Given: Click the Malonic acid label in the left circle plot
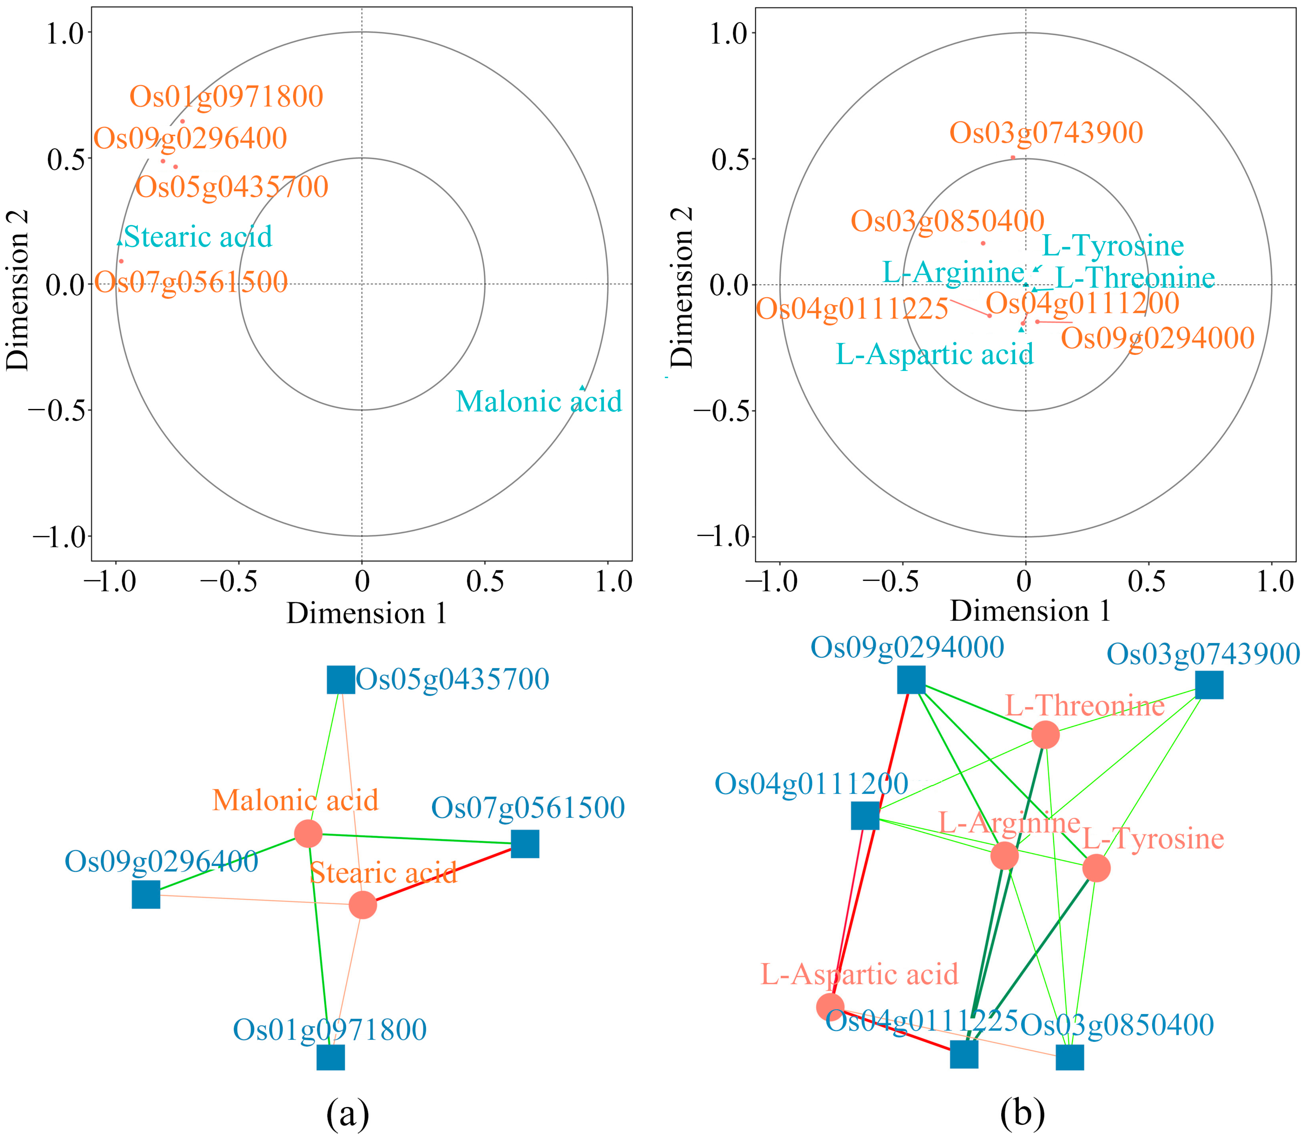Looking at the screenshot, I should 539,402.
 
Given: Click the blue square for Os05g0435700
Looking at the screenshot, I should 341,679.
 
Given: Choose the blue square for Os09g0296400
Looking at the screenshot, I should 146,895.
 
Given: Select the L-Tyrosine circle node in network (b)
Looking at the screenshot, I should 1096,868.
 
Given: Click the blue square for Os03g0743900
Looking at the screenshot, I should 1209,685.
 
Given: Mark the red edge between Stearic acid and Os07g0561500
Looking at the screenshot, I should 444,874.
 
